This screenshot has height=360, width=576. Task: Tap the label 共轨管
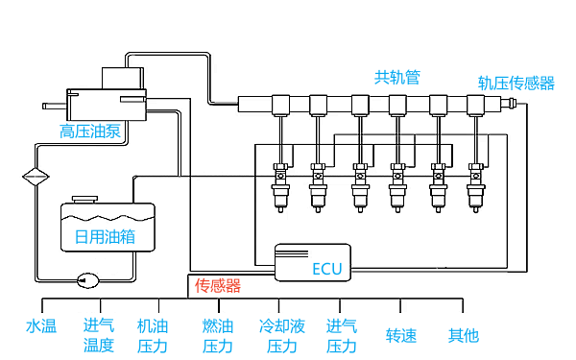coord(396,77)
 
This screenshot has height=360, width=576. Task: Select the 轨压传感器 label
coord(516,83)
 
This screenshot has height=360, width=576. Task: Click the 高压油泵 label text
coord(90,132)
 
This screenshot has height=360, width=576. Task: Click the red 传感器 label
coord(218,285)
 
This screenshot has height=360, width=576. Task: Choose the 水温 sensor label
coord(41,325)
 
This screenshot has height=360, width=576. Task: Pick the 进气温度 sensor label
coord(98,335)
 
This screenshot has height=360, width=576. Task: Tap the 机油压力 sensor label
coord(153,335)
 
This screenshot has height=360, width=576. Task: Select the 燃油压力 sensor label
coord(218,335)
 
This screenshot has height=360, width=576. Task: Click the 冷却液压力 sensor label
coord(282,335)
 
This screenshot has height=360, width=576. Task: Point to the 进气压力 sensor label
coord(342,335)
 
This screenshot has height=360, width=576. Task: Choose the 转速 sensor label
coord(401,335)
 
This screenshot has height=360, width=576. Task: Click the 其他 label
coord(463,335)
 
